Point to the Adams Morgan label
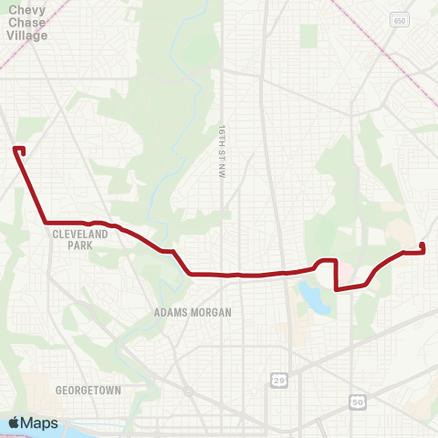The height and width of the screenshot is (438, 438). click(x=193, y=312)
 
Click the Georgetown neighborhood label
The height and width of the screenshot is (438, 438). click(x=88, y=390)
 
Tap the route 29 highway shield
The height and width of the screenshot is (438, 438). click(x=277, y=378)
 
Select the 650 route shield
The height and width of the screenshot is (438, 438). click(x=400, y=19)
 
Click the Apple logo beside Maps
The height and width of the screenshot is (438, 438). click(x=15, y=422)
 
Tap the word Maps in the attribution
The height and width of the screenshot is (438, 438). click(x=39, y=422)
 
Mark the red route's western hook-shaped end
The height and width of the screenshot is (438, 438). click(x=19, y=150)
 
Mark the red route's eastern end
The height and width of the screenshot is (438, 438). click(x=422, y=246)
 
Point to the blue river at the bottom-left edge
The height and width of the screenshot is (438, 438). click(x=91, y=432)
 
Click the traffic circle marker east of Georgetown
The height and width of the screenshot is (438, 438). click(x=188, y=390)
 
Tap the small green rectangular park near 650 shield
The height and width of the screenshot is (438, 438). click(x=308, y=36)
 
